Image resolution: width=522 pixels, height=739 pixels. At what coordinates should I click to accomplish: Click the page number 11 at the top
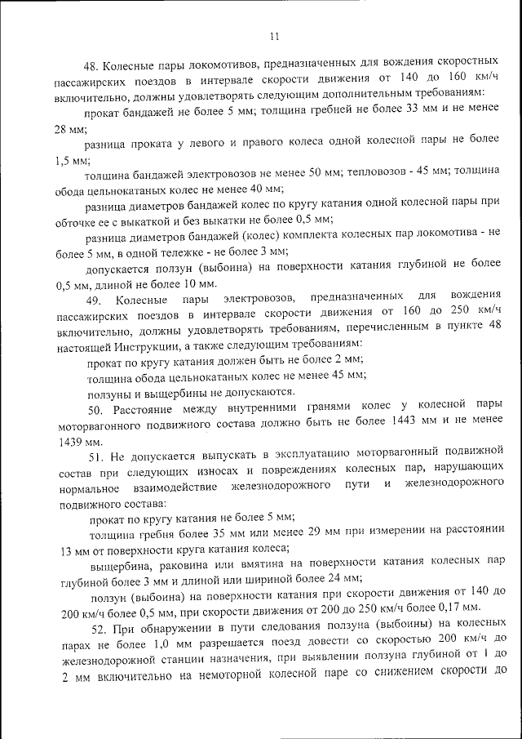(x=272, y=36)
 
